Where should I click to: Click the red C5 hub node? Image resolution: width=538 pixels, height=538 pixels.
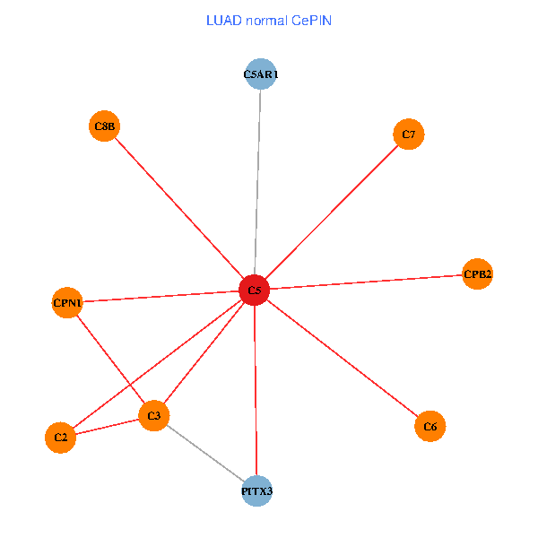(255, 290)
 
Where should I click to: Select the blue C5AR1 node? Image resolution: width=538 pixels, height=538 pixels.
(261, 74)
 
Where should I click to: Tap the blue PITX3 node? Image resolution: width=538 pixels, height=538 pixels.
(256, 491)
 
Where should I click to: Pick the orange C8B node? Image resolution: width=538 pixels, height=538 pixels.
(104, 126)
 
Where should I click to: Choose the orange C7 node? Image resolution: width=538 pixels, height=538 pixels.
(408, 134)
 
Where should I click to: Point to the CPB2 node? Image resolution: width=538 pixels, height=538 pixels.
(477, 273)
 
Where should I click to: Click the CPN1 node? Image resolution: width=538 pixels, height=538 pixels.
(67, 303)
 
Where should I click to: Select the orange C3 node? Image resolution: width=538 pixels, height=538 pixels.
(153, 415)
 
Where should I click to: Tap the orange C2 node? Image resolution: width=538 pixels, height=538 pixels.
(60, 438)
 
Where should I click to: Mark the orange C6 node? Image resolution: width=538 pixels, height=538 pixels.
(430, 426)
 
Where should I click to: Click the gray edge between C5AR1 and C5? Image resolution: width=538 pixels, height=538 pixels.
(257, 182)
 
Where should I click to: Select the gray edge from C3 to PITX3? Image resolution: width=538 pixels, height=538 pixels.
(205, 453)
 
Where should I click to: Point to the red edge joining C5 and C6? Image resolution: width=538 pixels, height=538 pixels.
(343, 358)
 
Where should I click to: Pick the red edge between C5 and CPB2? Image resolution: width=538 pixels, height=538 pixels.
(366, 282)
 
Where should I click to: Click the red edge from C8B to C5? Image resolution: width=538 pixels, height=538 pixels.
(179, 208)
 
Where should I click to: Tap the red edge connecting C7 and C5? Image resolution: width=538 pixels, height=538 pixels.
(332, 212)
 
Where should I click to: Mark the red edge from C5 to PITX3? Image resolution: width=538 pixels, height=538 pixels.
(256, 390)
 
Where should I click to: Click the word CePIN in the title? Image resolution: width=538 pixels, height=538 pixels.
(311, 21)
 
